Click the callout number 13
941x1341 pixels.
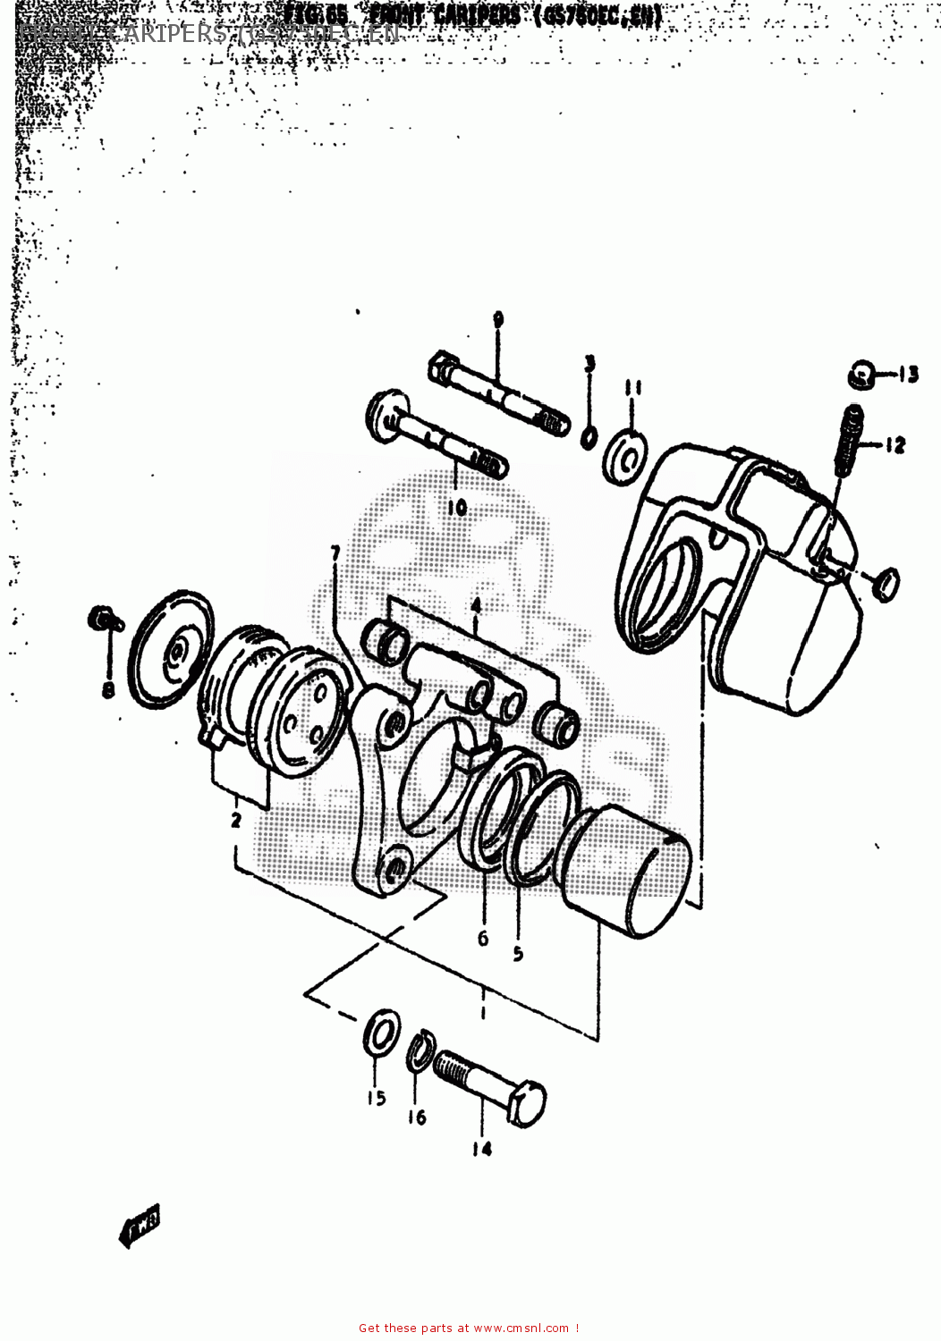(x=908, y=375)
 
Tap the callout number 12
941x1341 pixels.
(x=895, y=445)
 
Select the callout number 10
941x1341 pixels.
(x=457, y=508)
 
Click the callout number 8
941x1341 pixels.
(x=108, y=690)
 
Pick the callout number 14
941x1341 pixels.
(x=482, y=1149)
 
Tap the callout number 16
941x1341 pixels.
(x=417, y=1117)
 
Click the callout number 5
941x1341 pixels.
(x=518, y=954)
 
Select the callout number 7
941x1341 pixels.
(x=335, y=554)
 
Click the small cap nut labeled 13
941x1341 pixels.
(x=860, y=375)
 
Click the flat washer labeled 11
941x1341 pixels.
(x=627, y=456)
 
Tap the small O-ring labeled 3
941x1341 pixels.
(x=589, y=438)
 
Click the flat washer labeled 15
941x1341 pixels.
(x=383, y=1033)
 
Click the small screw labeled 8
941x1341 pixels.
(x=100, y=618)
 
